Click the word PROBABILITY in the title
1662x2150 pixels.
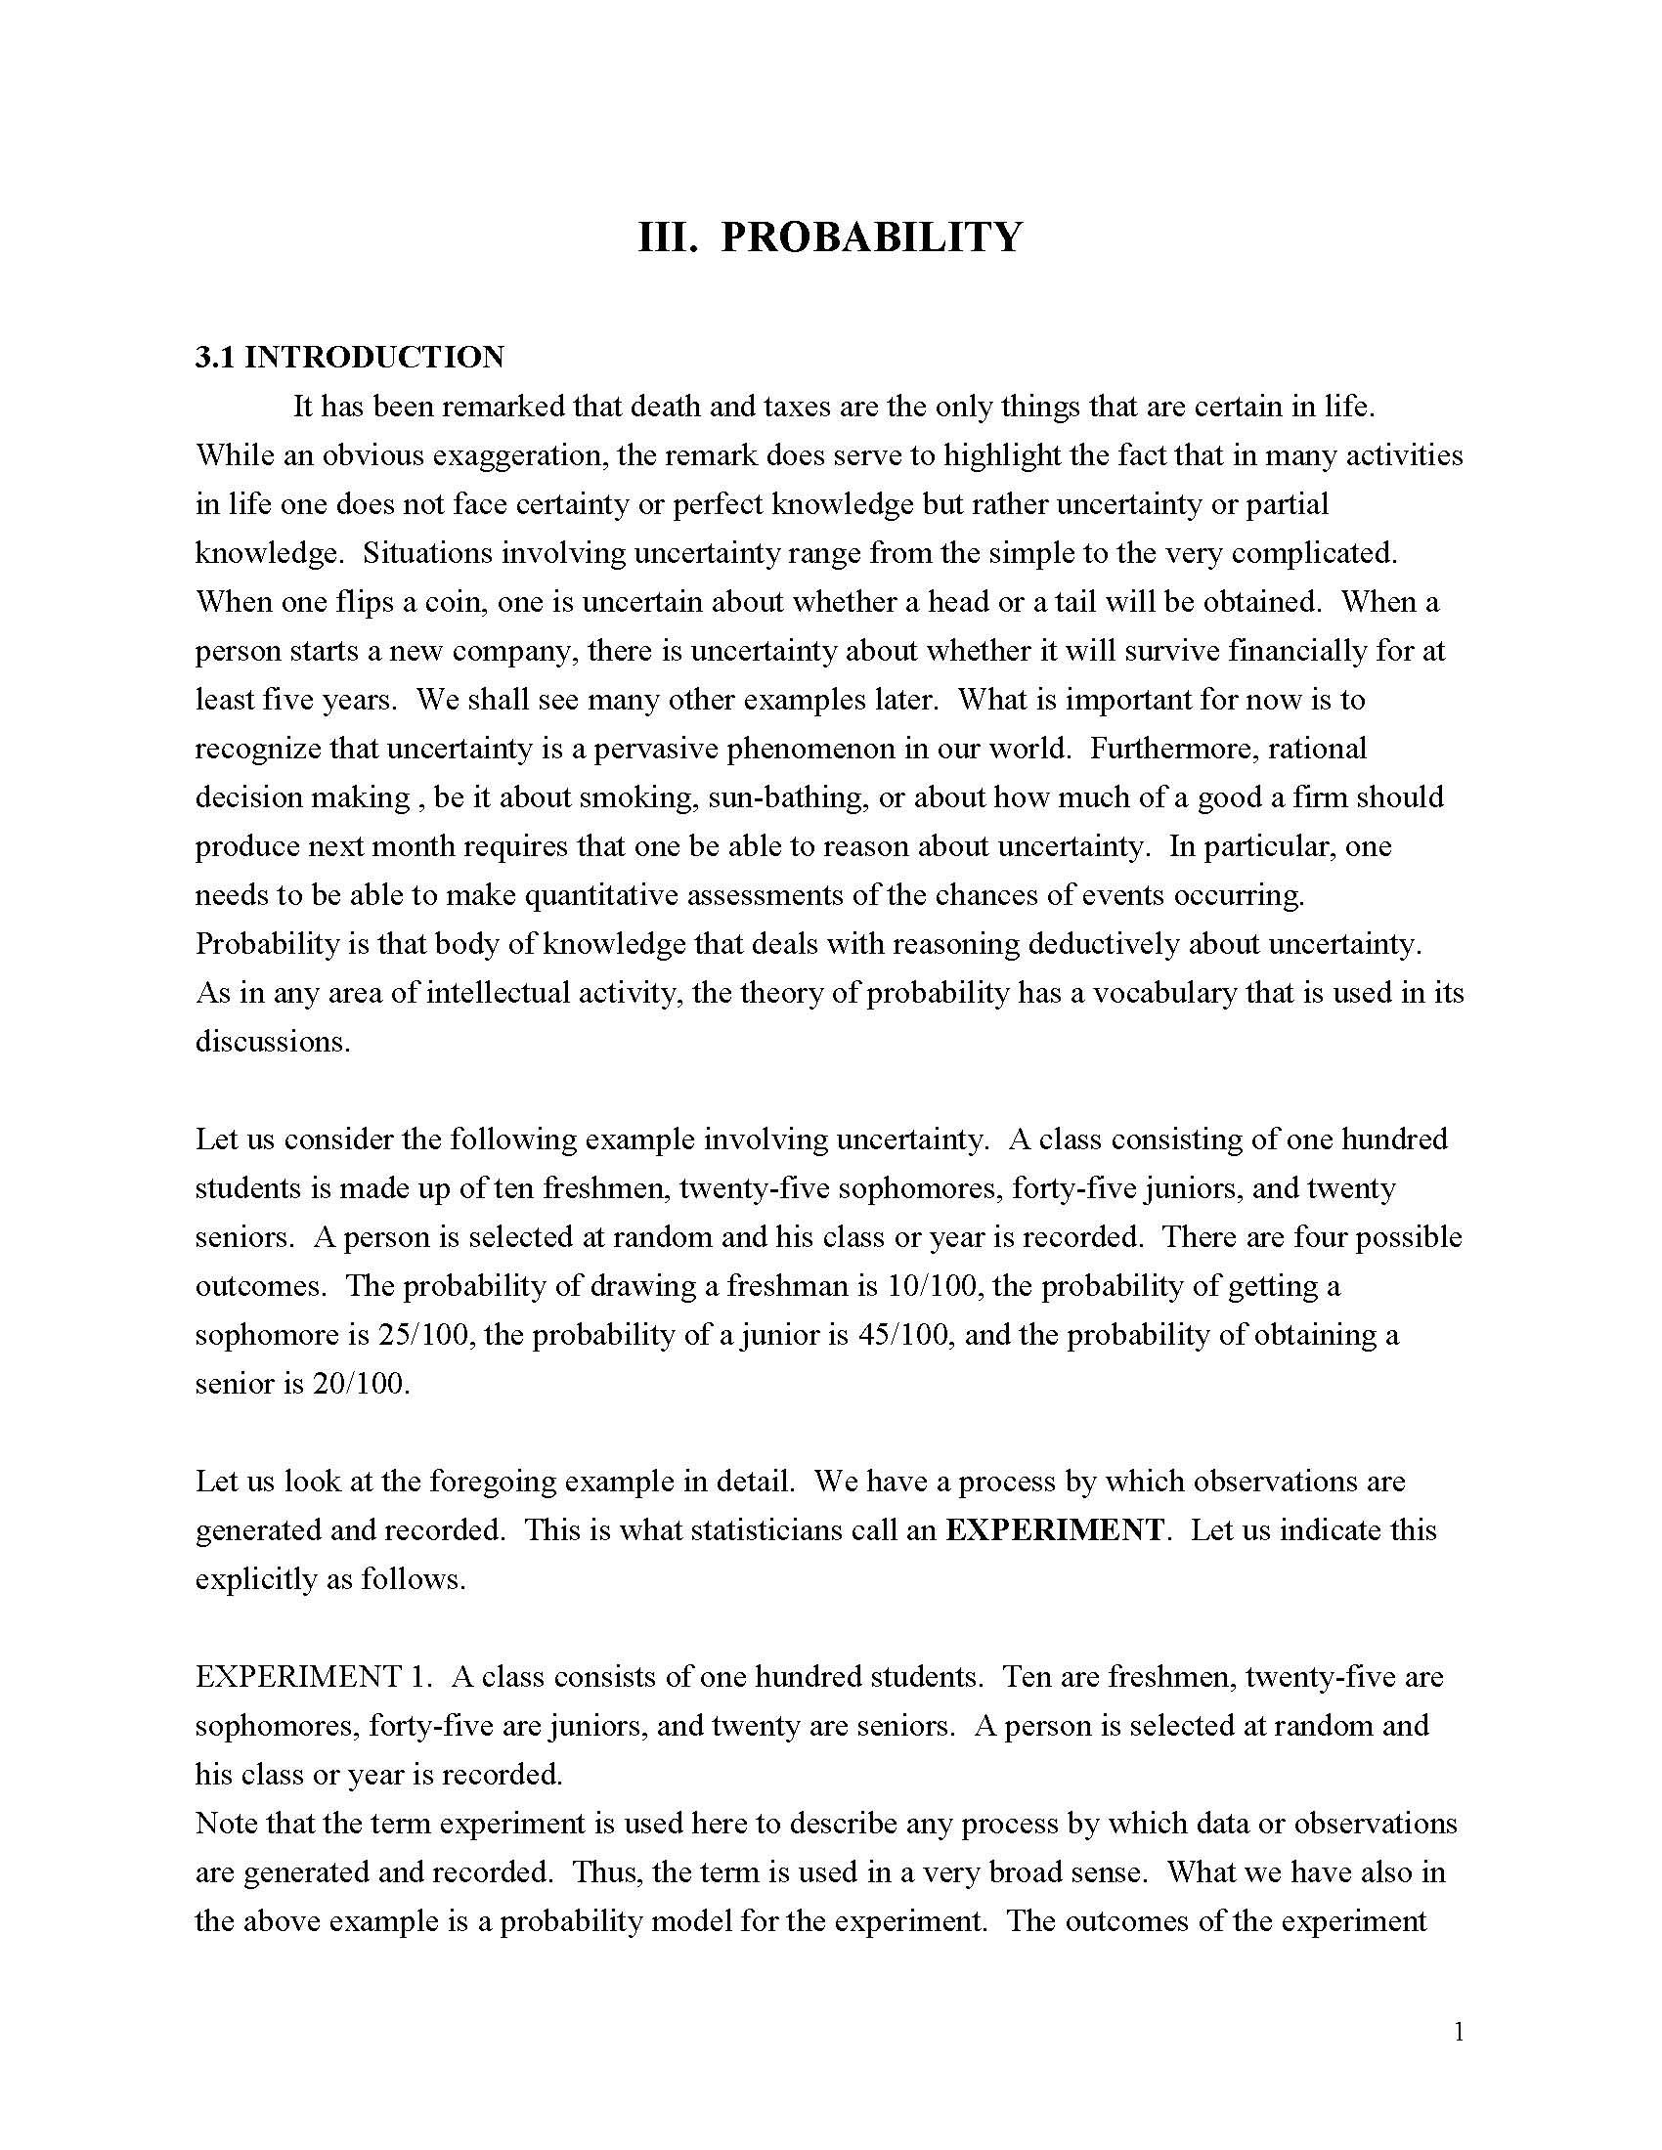(x=871, y=237)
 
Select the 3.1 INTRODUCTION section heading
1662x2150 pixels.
(x=350, y=357)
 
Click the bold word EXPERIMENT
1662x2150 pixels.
(x=1055, y=1529)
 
